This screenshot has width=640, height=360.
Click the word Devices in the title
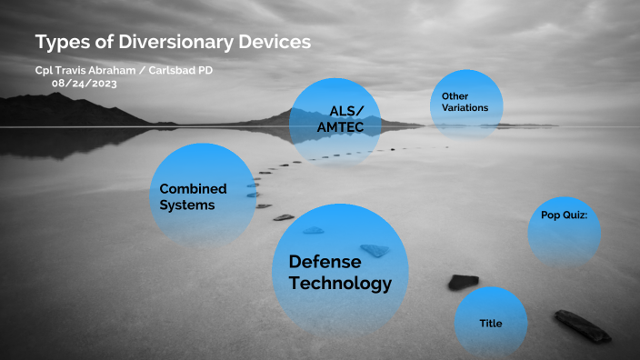click(x=271, y=42)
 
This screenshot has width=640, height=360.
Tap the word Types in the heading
click(x=61, y=42)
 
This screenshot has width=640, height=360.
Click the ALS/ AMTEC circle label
click(x=340, y=120)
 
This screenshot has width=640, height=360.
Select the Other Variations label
click(x=465, y=102)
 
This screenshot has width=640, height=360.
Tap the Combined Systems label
click(x=193, y=196)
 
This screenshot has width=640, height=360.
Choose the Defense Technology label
click(x=339, y=272)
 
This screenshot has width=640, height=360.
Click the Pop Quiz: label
click(x=565, y=215)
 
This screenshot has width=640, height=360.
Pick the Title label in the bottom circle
click(x=490, y=324)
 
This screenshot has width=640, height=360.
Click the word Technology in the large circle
click(x=339, y=284)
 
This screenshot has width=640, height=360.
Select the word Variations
click(x=465, y=108)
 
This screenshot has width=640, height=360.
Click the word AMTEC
click(x=340, y=128)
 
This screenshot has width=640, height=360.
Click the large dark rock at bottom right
click(x=583, y=326)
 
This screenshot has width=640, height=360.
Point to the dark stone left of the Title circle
click(x=463, y=282)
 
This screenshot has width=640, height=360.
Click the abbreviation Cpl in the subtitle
click(x=44, y=71)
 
